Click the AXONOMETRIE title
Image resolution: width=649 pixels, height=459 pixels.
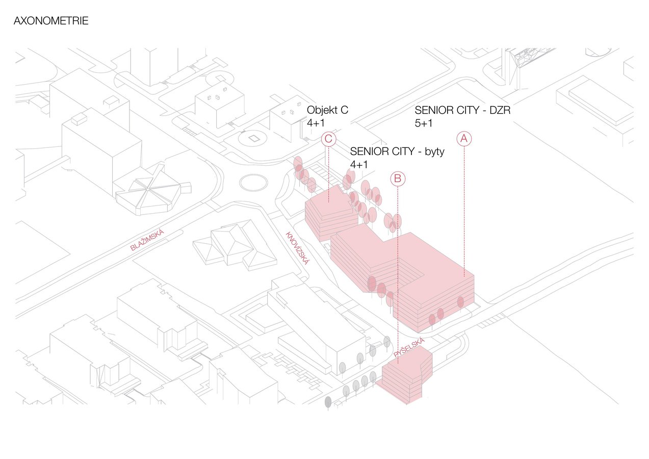[x=51, y=21]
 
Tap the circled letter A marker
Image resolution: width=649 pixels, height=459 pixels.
[x=464, y=139]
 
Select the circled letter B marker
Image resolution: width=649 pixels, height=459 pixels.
[x=398, y=178]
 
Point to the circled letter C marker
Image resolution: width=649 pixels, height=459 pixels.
[x=328, y=139]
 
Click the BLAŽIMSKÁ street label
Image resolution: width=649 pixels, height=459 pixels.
[x=147, y=240]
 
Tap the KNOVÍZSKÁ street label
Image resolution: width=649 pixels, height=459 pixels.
[x=298, y=248]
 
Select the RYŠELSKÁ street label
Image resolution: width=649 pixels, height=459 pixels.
[x=409, y=348]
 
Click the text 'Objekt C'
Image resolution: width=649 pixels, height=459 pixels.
[x=327, y=110]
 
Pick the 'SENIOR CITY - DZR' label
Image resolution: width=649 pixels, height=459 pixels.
[x=462, y=110]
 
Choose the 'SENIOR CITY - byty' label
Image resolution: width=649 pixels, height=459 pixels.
[x=397, y=151]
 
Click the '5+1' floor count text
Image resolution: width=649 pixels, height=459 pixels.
[x=423, y=123]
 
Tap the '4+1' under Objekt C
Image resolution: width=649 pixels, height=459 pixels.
[x=316, y=123]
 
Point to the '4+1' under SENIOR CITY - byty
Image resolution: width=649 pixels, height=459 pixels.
[x=359, y=165]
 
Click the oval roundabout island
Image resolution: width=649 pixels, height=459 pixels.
[x=253, y=183]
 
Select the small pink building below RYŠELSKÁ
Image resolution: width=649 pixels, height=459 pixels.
[x=406, y=375]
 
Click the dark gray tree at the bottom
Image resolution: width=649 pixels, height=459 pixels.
[x=328, y=403]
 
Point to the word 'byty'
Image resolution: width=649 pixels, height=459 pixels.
[x=434, y=152]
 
